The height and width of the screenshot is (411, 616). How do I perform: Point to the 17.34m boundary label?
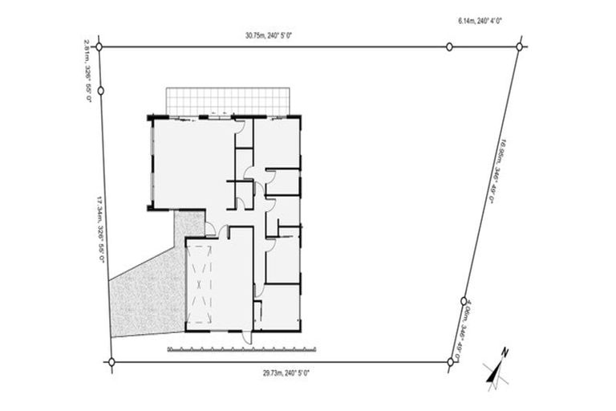(100, 233)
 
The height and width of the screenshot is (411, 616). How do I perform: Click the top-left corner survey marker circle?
(99, 47)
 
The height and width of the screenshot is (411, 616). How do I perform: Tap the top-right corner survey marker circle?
(520, 47)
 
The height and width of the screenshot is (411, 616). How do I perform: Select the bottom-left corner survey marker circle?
(111, 362)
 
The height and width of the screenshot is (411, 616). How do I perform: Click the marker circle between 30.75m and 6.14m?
(449, 47)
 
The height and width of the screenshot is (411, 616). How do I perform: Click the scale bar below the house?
(241, 349)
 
